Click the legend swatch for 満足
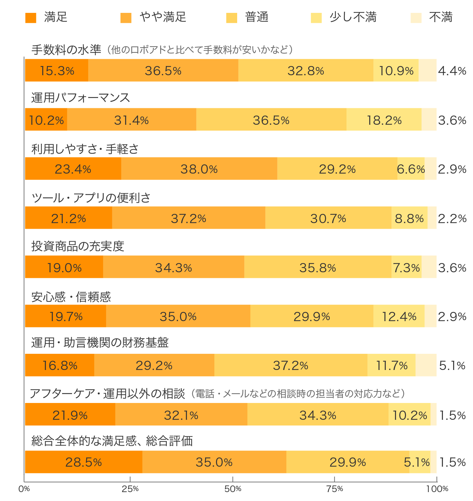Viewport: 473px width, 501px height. pyautogui.click(x=31, y=18)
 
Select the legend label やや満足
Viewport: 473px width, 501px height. pyautogui.click(x=163, y=17)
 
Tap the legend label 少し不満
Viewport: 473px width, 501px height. pyautogui.click(x=353, y=17)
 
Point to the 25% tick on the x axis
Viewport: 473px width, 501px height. pyautogui.click(x=130, y=479)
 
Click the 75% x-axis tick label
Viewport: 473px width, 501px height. pyautogui.click(x=335, y=489)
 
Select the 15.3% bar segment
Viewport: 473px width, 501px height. pyautogui.click(x=57, y=71)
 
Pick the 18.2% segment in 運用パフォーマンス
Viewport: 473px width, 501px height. pyautogui.click(x=384, y=120)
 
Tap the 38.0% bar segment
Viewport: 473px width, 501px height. pyautogui.click(x=199, y=169)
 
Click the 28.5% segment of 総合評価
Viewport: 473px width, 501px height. pyautogui.click(x=84, y=462)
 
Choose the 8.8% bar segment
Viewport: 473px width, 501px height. pyautogui.click(x=409, y=218)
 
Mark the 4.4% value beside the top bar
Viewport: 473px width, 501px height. pyautogui.click(x=452, y=71)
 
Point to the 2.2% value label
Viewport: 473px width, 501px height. pyautogui.click(x=452, y=218)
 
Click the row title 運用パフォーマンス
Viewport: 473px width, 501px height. pyautogui.click(x=81, y=98)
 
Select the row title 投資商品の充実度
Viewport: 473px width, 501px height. pyautogui.click(x=78, y=246)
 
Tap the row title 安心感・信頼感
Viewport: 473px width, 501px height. pyautogui.click(x=71, y=297)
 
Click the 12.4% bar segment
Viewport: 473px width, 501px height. pyautogui.click(x=399, y=317)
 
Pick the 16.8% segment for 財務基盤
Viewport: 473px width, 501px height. pyautogui.click(x=60, y=365)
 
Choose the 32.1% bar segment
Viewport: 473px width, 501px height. pyautogui.click(x=181, y=415)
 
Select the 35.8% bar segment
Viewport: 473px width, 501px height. pyautogui.click(x=317, y=267)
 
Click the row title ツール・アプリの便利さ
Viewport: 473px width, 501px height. pyautogui.click(x=91, y=198)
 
